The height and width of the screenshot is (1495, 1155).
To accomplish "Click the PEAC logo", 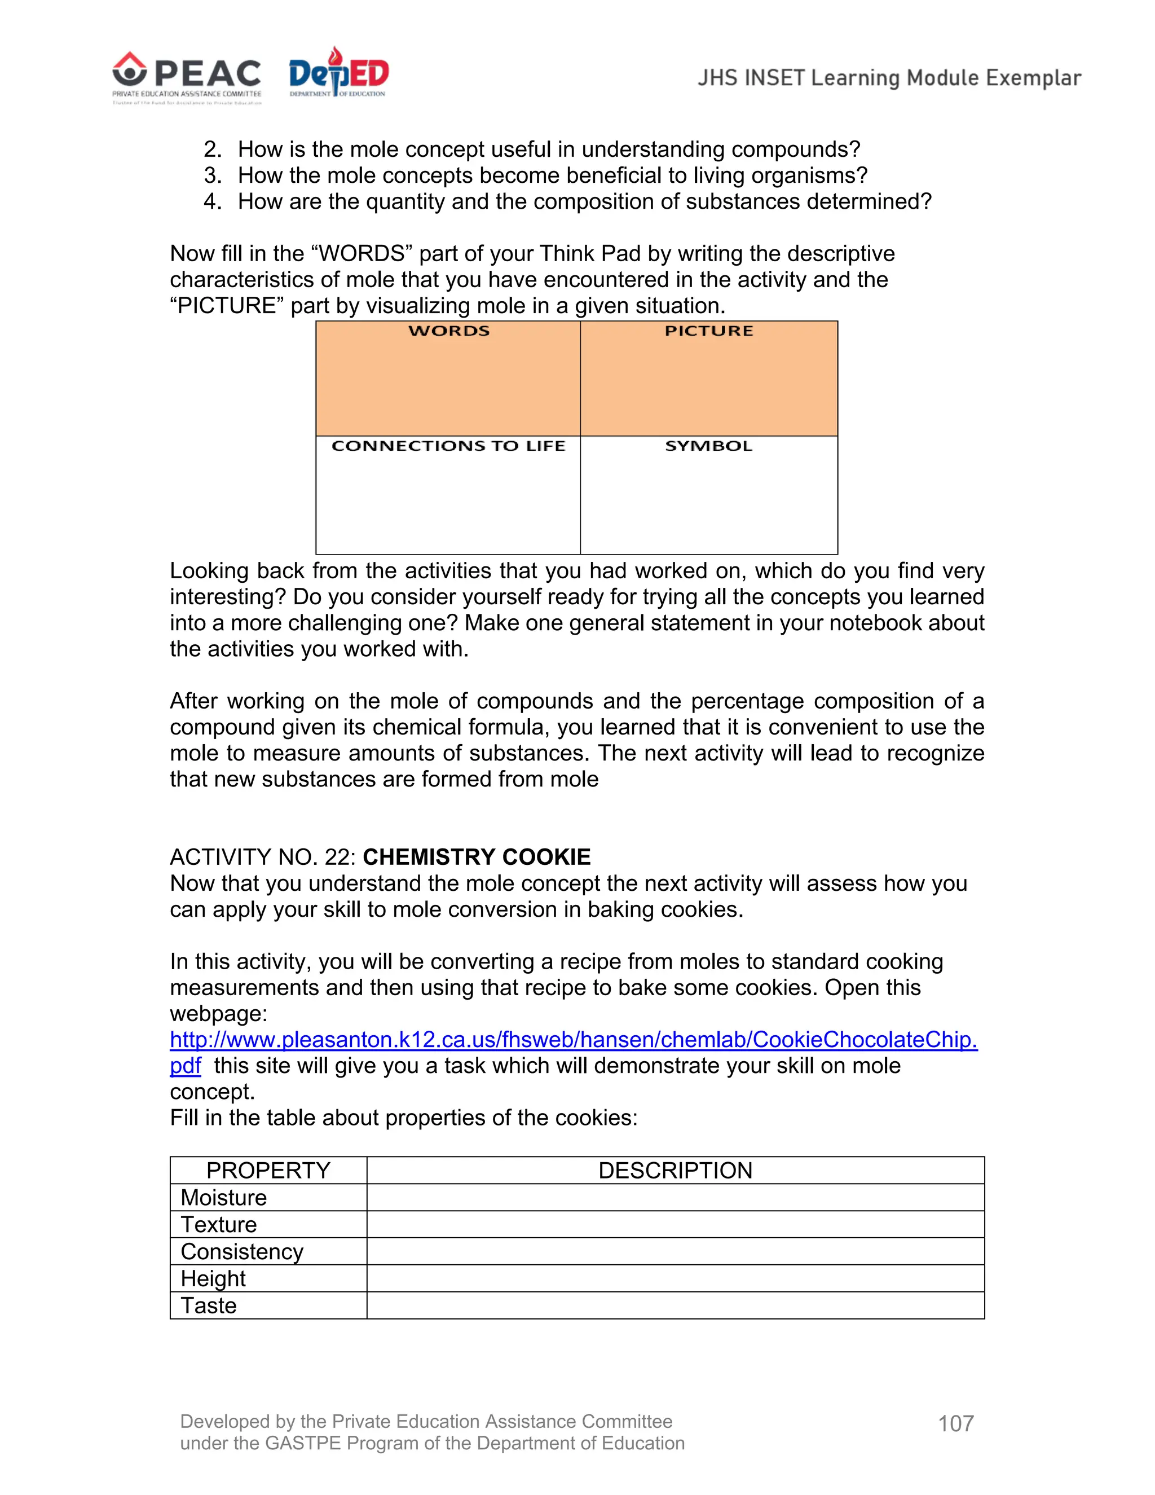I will coord(187,77).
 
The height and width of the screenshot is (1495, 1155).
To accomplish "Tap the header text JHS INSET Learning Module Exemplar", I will coord(889,78).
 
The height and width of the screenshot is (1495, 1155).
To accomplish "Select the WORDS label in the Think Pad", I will coord(449,331).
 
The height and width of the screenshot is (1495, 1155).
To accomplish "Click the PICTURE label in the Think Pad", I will coord(709,331).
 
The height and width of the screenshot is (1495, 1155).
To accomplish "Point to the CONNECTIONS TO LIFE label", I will coord(448,446).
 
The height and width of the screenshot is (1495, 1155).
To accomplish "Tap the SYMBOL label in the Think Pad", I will coord(709,446).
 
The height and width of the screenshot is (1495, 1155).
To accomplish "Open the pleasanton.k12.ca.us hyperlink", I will coord(574,1040).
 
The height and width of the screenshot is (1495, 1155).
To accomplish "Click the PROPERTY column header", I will coord(268,1171).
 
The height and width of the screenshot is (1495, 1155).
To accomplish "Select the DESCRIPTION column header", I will coord(675,1171).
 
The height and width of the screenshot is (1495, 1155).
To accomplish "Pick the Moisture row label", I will coord(224,1198).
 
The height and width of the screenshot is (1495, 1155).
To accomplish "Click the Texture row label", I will coord(219,1225).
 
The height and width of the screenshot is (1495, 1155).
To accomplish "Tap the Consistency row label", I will coord(241,1252).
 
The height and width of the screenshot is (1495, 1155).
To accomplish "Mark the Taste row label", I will coord(209,1306).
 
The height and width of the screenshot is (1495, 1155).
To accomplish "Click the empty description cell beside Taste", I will coord(675,1306).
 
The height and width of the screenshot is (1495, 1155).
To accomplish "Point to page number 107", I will coord(955,1424).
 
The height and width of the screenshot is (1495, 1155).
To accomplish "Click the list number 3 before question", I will coord(212,176).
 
